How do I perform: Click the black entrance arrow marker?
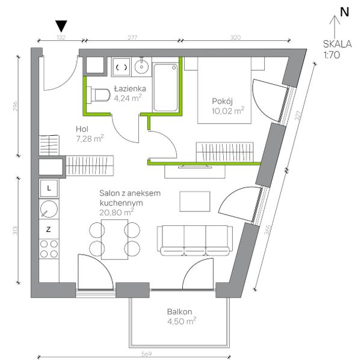click(61, 26)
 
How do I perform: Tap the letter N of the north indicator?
click(344, 12)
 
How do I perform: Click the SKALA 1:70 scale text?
click(337, 49)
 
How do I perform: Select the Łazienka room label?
click(130, 88)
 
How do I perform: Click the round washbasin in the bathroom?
click(141, 66)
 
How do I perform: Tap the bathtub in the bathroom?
click(165, 88)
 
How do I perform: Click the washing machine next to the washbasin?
click(122, 67)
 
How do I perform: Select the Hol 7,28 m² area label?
click(90, 134)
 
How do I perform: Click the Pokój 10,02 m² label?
click(228, 106)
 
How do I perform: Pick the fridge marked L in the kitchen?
click(49, 189)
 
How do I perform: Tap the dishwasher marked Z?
click(49, 229)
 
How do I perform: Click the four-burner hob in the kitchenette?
click(49, 249)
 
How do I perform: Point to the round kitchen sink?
click(49, 209)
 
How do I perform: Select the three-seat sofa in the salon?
click(194, 240)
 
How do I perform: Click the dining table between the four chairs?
click(115, 239)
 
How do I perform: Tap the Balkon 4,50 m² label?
click(182, 317)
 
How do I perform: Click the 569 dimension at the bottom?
click(146, 354)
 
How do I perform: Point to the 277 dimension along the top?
click(132, 37)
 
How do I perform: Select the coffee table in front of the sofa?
click(195, 201)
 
